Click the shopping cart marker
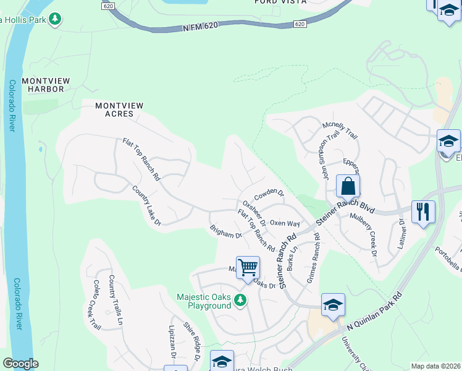click(x=248, y=268)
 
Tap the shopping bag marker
click(x=348, y=186)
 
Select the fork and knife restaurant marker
click(x=423, y=211)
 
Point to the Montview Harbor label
click(x=43, y=85)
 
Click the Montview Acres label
click(x=119, y=110)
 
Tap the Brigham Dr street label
click(x=225, y=232)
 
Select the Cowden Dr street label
click(x=269, y=193)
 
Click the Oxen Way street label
click(x=285, y=223)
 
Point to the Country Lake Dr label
click(x=146, y=205)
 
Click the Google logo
click(x=20, y=364)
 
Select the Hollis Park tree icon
click(x=56, y=19)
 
